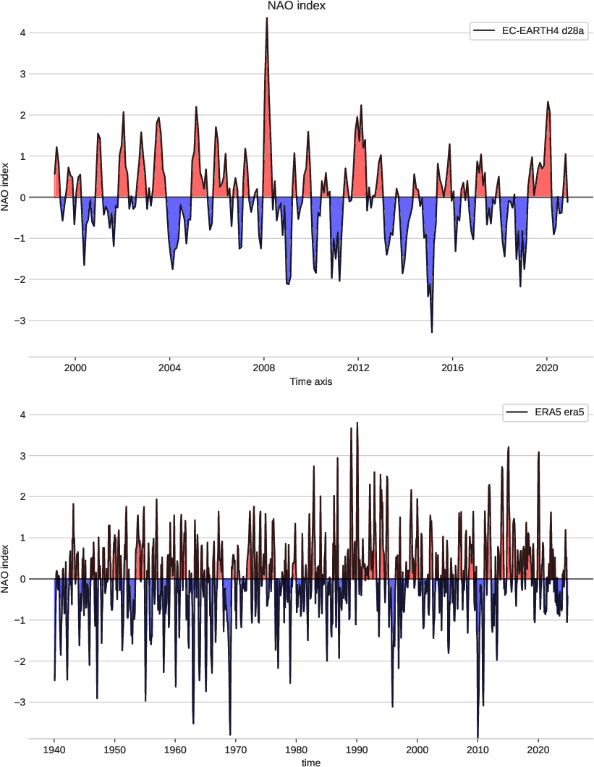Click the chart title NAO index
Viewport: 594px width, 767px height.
point(297,7)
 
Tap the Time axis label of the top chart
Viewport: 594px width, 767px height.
point(311,381)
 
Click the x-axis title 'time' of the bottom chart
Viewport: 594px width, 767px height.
point(311,762)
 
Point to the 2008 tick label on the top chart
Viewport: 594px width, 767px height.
point(264,367)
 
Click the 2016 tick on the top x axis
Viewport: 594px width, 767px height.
point(452,367)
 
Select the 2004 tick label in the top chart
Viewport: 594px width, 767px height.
point(169,367)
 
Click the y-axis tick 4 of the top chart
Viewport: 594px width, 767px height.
point(22,33)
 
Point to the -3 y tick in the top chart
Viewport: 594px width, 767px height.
point(20,321)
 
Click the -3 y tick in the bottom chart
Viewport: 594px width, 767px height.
point(20,703)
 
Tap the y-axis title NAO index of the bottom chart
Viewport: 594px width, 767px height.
point(7,579)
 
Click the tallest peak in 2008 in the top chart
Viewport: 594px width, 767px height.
point(267,18)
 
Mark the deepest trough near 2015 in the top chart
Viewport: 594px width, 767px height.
point(432,331)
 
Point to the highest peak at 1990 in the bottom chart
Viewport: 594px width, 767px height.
point(357,423)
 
